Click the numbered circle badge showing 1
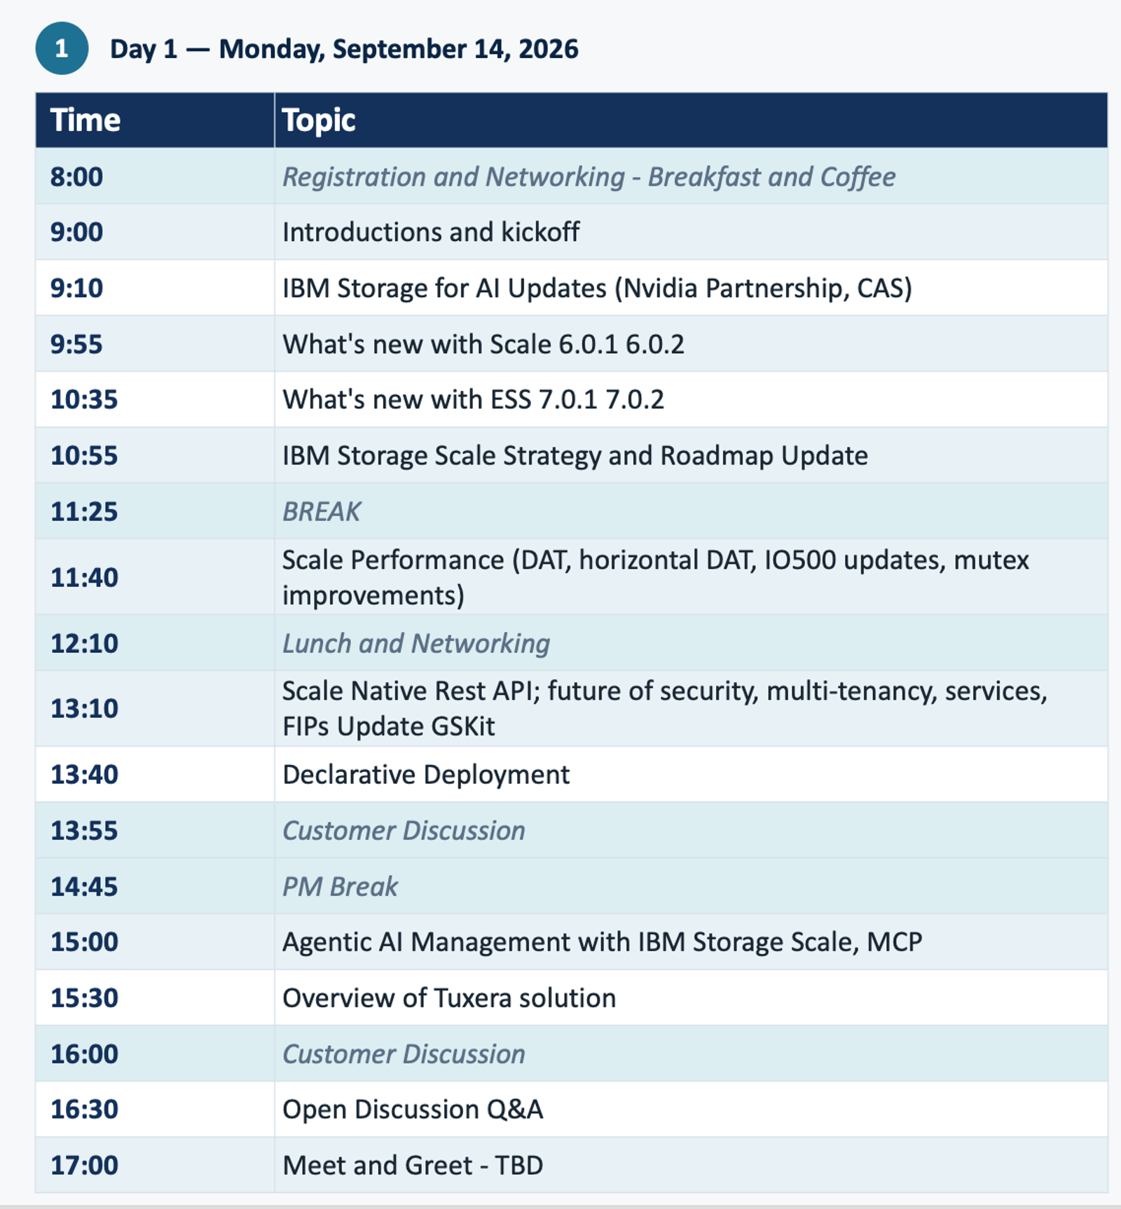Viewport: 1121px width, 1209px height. coord(62,48)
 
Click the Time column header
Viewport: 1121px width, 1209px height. coord(85,120)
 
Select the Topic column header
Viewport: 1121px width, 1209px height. coord(319,120)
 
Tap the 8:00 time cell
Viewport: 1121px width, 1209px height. coord(76,177)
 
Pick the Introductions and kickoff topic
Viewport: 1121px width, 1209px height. coord(431,232)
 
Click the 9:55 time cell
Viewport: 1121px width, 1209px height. coord(76,344)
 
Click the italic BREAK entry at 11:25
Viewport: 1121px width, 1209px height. coord(322,511)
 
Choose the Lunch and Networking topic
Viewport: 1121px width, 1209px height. coord(416,644)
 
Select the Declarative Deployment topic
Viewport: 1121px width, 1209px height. coord(426,775)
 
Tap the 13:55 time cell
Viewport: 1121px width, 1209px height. coord(84,830)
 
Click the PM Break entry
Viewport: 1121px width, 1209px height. coord(340,886)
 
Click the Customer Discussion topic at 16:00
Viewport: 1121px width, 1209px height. coord(404,1053)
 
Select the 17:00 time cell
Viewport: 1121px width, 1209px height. coord(84,1165)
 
